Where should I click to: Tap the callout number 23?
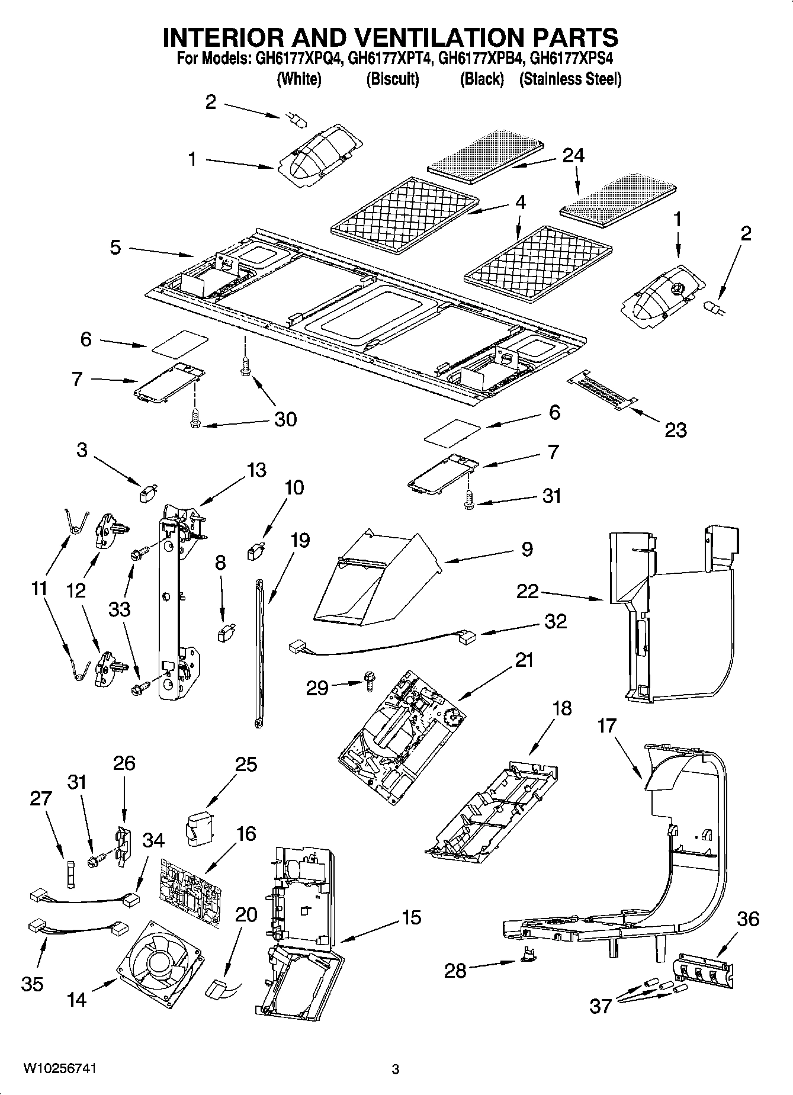point(675,429)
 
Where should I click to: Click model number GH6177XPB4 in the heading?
point(481,59)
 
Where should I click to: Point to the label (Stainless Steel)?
point(570,79)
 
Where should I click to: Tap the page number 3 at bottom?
point(396,1070)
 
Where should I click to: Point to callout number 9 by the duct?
point(526,549)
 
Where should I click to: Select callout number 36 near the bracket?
point(748,919)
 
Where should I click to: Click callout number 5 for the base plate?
point(115,247)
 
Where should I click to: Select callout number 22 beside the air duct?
point(528,590)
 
